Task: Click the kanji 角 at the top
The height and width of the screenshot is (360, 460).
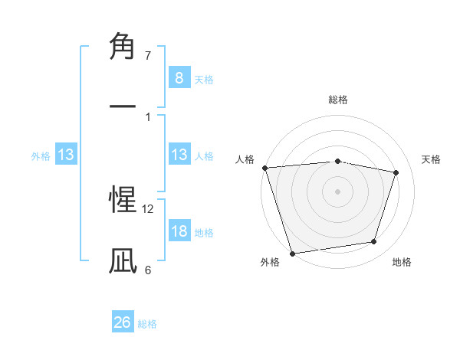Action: [x=123, y=47]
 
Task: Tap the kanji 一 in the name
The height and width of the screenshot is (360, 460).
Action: [x=123, y=106]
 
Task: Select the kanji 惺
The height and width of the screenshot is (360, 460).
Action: [x=123, y=201]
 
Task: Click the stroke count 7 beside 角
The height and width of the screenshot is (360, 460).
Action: [x=148, y=56]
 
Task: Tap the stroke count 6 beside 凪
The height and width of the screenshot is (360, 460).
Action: [x=148, y=270]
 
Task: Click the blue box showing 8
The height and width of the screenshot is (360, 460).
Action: [x=179, y=77]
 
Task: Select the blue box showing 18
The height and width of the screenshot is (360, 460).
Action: [x=179, y=231]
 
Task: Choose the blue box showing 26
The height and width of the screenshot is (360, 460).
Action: [x=123, y=322]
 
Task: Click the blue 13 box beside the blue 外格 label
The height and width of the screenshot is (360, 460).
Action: [x=66, y=155]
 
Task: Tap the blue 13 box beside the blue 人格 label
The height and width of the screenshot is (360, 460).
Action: [x=179, y=155]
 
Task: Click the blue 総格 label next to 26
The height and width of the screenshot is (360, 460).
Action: [x=147, y=324]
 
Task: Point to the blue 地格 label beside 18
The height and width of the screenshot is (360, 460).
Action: [x=204, y=233]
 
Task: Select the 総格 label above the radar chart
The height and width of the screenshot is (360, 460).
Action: [x=337, y=100]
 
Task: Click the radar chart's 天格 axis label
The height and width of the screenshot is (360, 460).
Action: [x=431, y=159]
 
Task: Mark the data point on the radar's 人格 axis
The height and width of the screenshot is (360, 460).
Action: [x=264, y=168]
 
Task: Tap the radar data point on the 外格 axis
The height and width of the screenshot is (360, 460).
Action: [x=292, y=252]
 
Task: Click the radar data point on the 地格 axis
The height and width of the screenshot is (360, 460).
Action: [x=374, y=242]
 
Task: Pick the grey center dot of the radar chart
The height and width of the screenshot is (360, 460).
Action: [x=337, y=191]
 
